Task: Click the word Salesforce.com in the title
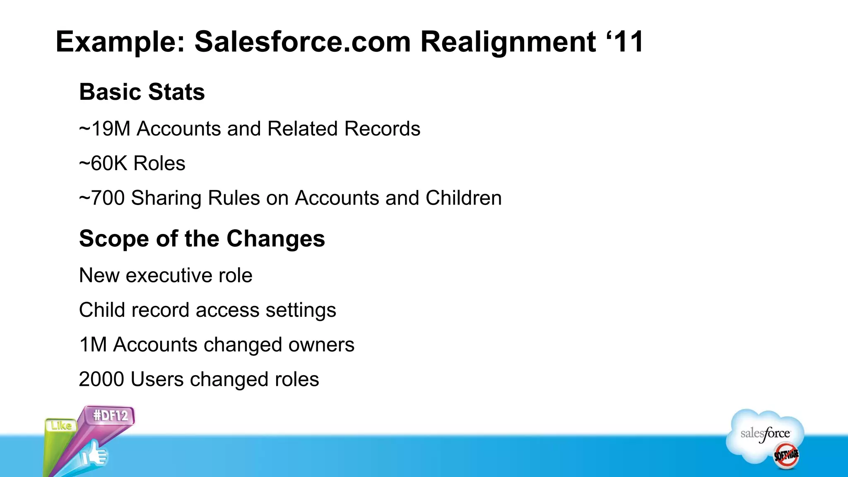303,42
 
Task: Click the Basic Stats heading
142,92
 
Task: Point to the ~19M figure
104,129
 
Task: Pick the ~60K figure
103,163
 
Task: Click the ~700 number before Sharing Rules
102,198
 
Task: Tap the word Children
463,198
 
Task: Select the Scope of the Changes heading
202,238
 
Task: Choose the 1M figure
93,344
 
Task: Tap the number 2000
102,379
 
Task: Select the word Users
157,379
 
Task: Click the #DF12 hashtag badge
111,415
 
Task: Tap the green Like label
61,426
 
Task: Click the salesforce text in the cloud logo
765,434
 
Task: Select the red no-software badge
786,456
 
